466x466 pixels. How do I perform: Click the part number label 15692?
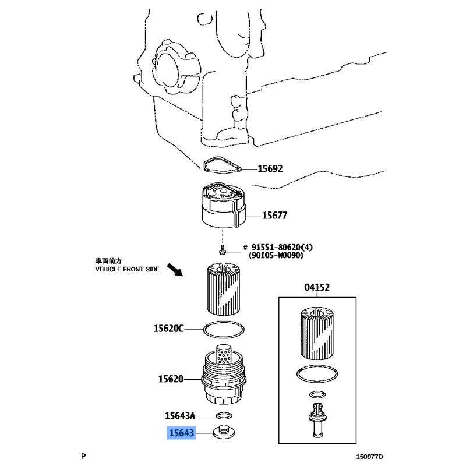[x=270, y=169]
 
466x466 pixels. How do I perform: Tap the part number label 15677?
[x=274, y=215]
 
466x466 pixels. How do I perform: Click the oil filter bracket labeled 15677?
[x=224, y=205]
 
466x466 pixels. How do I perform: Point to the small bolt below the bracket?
[x=222, y=250]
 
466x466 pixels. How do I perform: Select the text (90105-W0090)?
[x=276, y=255]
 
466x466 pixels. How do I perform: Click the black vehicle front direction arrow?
[x=175, y=270]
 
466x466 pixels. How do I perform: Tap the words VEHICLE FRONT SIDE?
[x=127, y=269]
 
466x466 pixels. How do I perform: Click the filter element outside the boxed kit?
[x=223, y=288]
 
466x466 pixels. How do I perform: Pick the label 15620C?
[x=168, y=329]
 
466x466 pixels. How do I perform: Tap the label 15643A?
[x=180, y=415]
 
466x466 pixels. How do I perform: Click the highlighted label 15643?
[x=181, y=433]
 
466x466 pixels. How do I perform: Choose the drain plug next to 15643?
[x=224, y=432]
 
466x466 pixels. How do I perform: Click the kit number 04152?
[x=317, y=287]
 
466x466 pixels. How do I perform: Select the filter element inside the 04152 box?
[x=317, y=333]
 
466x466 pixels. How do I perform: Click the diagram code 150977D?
[x=370, y=457]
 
